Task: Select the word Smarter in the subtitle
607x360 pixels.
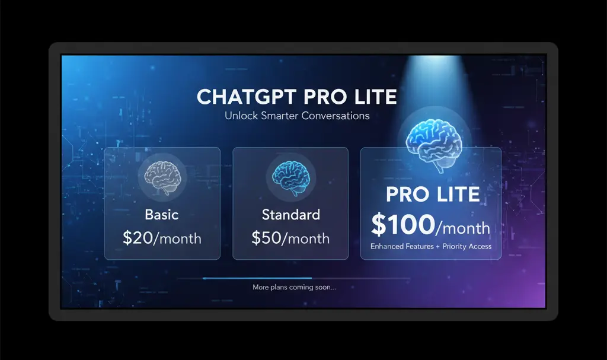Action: coord(277,116)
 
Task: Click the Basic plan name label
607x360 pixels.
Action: coord(162,214)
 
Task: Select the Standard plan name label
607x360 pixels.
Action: coord(290,214)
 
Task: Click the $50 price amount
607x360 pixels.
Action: coord(264,238)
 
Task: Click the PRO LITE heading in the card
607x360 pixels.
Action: coord(433,195)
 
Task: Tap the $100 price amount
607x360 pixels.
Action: coord(403,225)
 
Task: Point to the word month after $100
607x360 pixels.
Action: coord(465,228)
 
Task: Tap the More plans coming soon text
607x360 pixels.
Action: coord(295,288)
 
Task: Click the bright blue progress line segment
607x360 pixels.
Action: coord(257,278)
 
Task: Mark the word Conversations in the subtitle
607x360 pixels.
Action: coord(336,116)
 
